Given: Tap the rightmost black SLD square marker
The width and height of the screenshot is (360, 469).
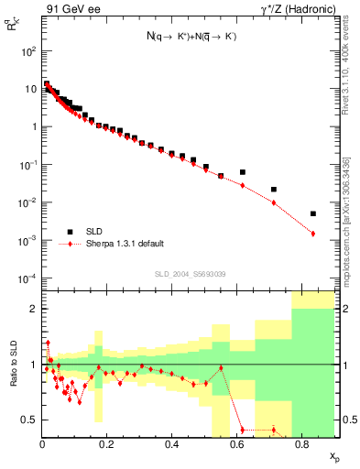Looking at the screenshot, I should (x=313, y=213).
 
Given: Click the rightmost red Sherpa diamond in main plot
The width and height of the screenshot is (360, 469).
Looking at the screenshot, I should (x=313, y=234).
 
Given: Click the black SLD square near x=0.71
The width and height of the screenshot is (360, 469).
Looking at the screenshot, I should (x=274, y=190).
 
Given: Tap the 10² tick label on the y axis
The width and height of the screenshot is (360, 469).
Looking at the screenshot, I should (x=27, y=51).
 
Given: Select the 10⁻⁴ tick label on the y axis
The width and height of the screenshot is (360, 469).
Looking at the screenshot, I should (x=27, y=278).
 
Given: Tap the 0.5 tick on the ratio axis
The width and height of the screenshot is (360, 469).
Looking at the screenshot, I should (x=30, y=420).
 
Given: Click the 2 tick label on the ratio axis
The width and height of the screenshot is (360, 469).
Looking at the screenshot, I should (x=34, y=309).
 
